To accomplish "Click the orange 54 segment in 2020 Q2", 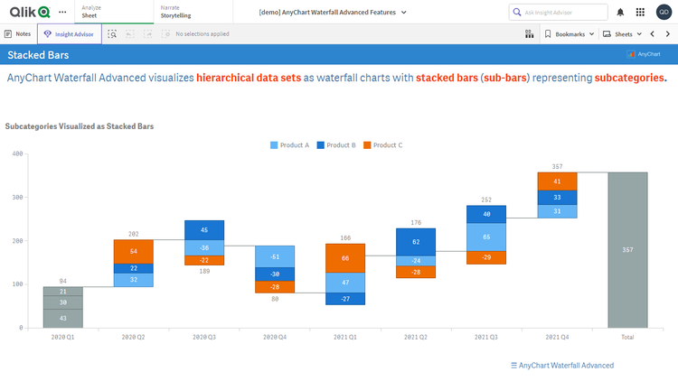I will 134,251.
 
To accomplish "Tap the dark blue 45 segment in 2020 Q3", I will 204,229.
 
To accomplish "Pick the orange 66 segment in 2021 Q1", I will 345,258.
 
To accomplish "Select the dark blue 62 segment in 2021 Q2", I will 416,242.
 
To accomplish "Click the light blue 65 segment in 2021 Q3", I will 486,237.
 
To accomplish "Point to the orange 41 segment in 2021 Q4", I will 557,181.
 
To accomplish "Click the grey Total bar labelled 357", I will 627,249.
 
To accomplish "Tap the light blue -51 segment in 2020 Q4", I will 275,256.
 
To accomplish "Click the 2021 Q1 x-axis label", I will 345,337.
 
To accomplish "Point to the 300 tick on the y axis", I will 16,197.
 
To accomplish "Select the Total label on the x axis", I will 627,337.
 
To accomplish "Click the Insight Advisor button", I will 69,33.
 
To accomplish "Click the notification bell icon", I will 620,13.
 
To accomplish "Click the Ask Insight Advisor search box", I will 557,13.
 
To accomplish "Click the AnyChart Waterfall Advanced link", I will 562,366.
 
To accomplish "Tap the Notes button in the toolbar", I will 18,33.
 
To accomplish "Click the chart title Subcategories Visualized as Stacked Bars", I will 79,126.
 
